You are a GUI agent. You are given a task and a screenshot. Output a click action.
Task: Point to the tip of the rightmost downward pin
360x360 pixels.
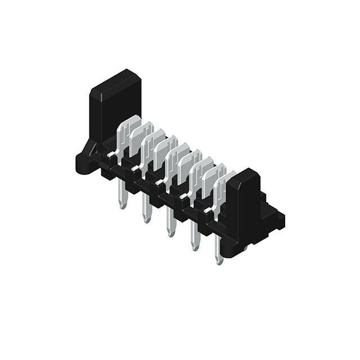(x=219, y=261)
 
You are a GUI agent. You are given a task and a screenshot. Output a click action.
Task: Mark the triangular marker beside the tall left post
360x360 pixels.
(x=90, y=150)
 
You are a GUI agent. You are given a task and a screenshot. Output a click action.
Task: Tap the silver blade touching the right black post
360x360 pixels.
(x=225, y=186)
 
